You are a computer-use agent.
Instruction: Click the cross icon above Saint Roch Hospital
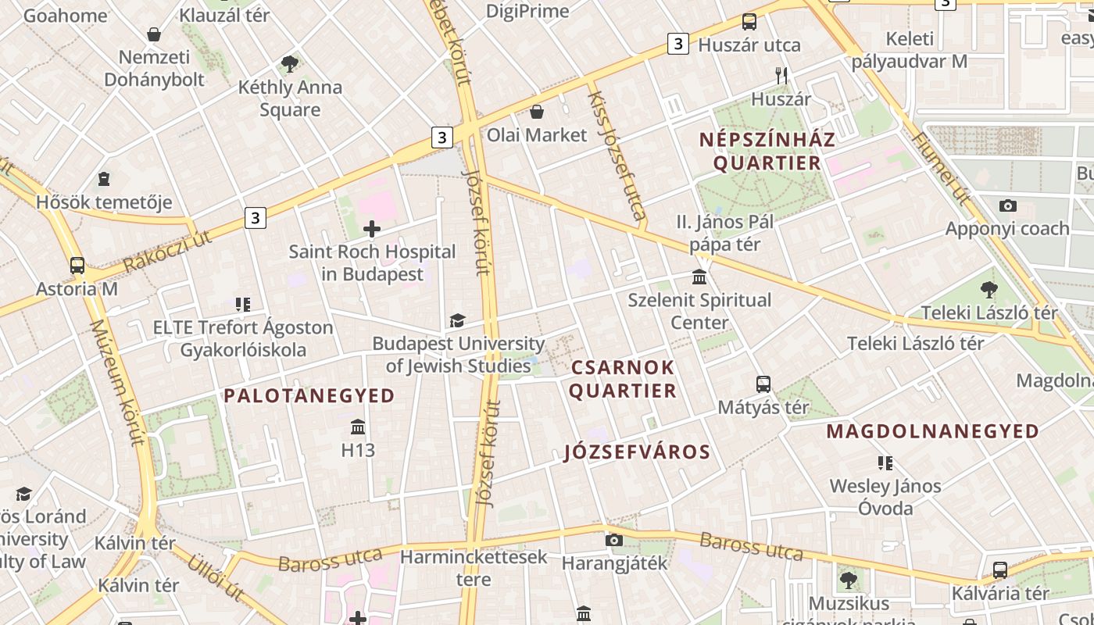(372, 229)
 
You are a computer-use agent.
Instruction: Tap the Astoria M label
(77, 289)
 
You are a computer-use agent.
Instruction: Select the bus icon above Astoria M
(77, 265)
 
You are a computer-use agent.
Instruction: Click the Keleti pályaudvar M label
(910, 50)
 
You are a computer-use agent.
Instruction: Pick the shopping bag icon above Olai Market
(537, 112)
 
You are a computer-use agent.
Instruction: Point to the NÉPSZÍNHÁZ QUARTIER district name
(767, 152)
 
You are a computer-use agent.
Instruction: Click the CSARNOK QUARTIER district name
(622, 379)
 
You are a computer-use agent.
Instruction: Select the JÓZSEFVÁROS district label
(637, 452)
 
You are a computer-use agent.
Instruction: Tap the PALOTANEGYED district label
(309, 396)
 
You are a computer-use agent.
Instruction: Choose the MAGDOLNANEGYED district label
(933, 431)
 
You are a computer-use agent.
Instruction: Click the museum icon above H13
(358, 427)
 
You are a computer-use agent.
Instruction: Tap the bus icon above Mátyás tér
(763, 384)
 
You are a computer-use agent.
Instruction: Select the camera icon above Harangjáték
(614, 540)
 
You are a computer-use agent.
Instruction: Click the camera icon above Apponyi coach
(1008, 205)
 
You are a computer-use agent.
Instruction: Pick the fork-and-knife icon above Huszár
(781, 75)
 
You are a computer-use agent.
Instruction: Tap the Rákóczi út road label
(167, 252)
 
